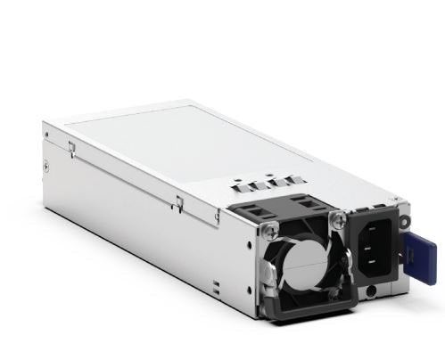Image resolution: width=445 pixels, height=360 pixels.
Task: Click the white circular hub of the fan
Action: [296, 271]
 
